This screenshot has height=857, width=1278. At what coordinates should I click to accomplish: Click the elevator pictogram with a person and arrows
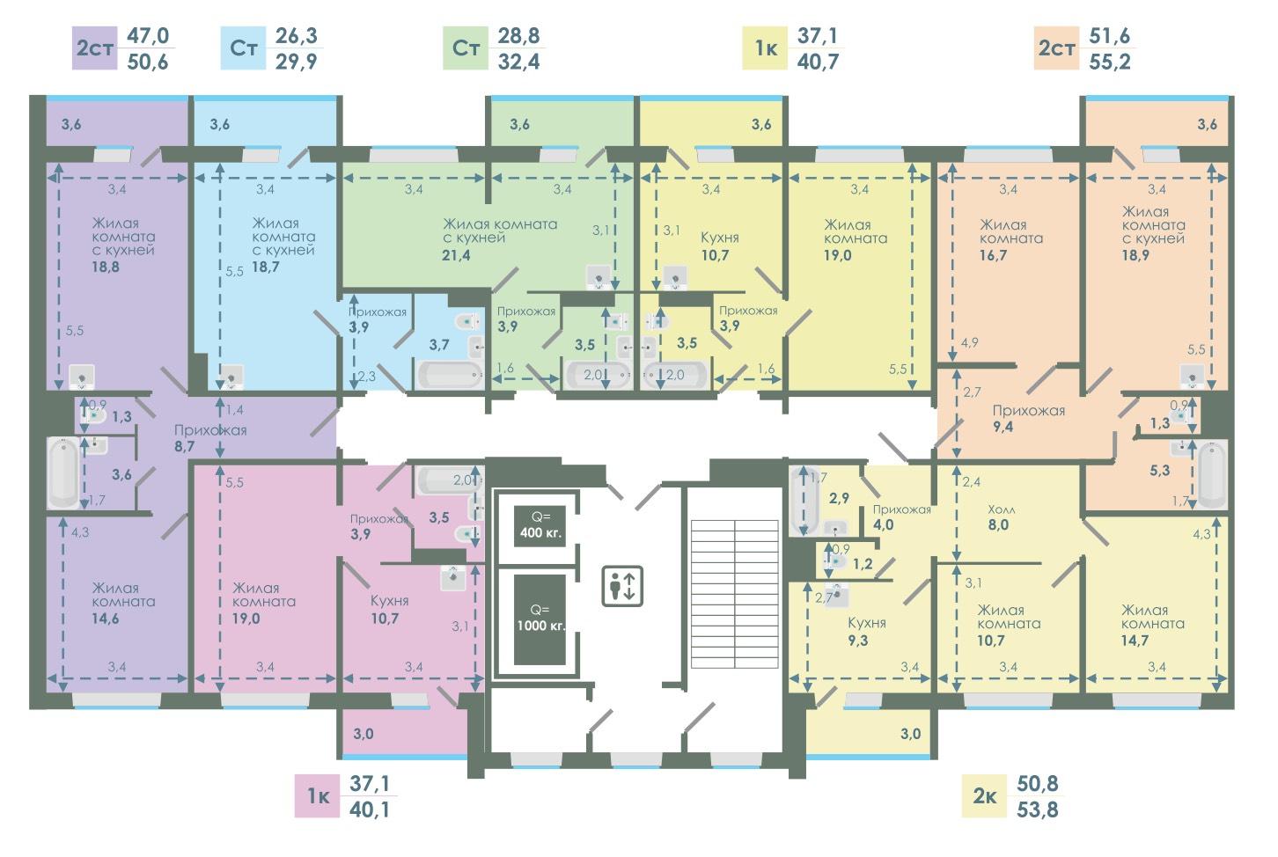coord(622,586)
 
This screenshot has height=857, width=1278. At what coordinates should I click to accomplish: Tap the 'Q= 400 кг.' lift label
coord(540,525)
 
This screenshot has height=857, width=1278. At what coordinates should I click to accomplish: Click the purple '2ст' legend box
coord(95,48)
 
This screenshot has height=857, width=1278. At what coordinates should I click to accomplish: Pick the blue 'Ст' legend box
coord(244,48)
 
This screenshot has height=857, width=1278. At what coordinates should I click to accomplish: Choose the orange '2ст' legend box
coord(1056,48)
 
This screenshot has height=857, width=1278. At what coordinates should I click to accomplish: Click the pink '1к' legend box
coord(317,796)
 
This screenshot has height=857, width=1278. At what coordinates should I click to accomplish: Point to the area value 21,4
coord(456,255)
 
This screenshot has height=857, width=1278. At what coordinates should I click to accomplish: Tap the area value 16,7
coord(994,255)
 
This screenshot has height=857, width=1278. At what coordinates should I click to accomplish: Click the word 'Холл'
coord(1002,509)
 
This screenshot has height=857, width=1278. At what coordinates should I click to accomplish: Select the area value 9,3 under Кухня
coord(858,641)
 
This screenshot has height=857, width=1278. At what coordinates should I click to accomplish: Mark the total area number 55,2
coord(1110,62)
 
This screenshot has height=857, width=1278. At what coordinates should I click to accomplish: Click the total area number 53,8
coord(1037,809)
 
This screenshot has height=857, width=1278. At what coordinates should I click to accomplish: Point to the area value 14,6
coord(106,619)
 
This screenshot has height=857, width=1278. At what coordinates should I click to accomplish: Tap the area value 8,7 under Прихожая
coord(184,446)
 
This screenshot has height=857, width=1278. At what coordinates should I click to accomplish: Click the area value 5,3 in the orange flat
coord(1160,471)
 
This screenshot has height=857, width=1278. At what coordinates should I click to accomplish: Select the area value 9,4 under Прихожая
coord(1003,427)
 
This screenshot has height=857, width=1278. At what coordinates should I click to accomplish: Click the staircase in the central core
coord(735,594)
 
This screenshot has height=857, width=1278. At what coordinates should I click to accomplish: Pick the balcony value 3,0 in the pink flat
coord(364,733)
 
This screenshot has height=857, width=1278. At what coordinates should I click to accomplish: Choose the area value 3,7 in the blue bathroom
coord(439,345)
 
